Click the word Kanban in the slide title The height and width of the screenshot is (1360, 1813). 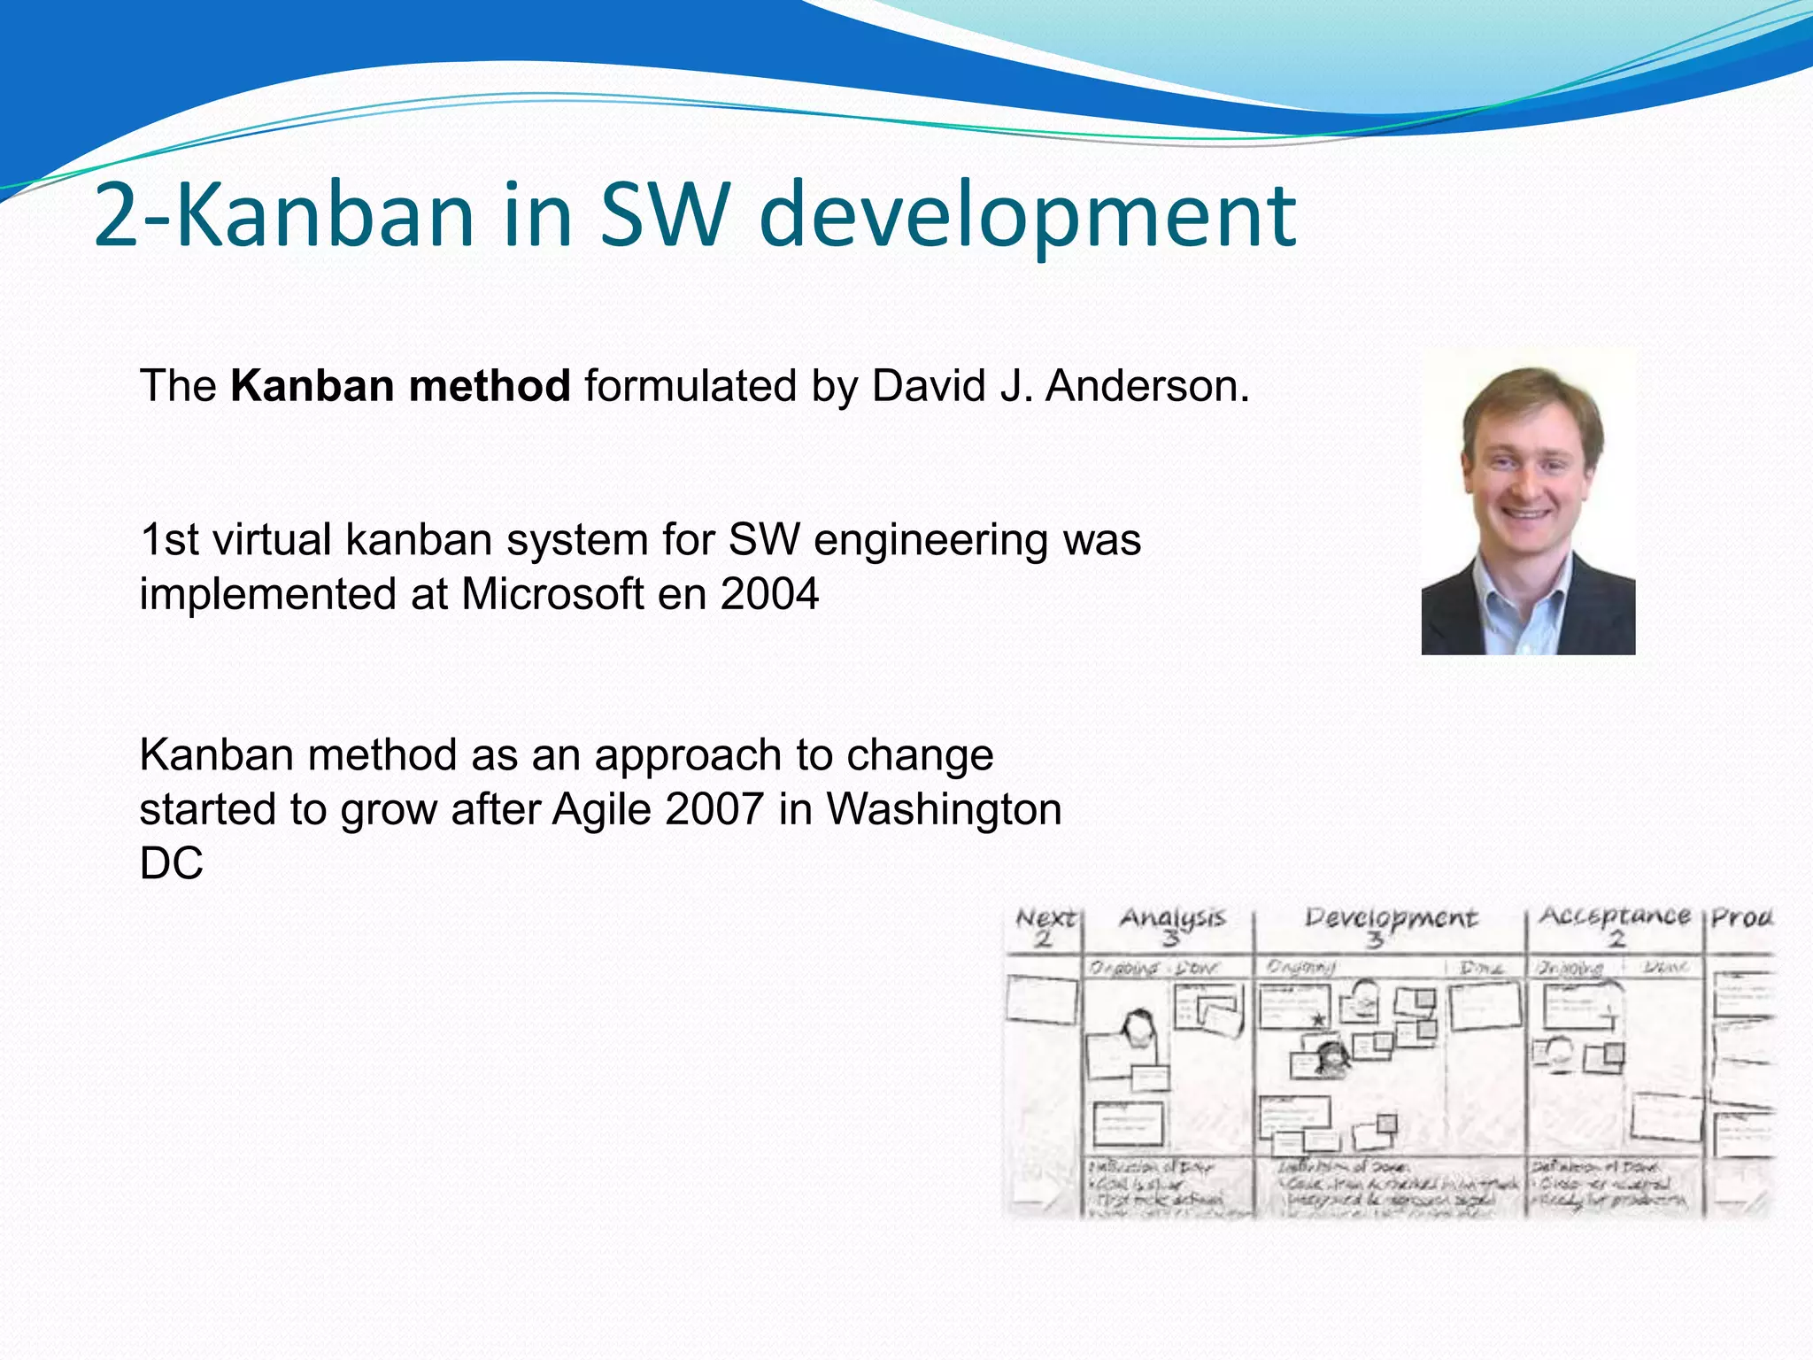pyautogui.click(x=326, y=215)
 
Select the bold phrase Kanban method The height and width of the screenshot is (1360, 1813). pyautogui.click(x=400, y=387)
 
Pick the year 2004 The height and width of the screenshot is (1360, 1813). pyautogui.click(x=769, y=594)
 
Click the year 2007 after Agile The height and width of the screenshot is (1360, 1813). pyautogui.click(x=714, y=809)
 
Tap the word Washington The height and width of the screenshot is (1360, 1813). pyautogui.click(x=944, y=809)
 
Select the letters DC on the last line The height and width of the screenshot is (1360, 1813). pyautogui.click(x=171, y=863)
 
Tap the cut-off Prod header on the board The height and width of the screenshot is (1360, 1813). pyautogui.click(x=1740, y=917)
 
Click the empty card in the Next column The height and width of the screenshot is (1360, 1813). pyautogui.click(x=1042, y=1000)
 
